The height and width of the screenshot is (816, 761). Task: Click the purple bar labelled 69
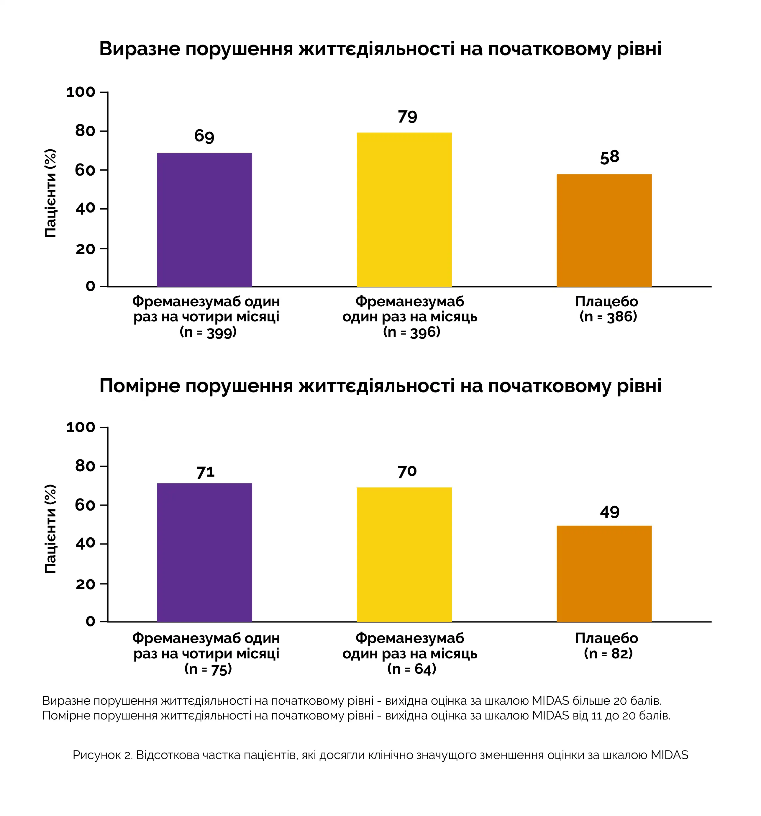pyautogui.click(x=204, y=220)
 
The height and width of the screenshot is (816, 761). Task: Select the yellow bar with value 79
pyautogui.click(x=404, y=209)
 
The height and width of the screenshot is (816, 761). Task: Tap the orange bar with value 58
pyautogui.click(x=604, y=230)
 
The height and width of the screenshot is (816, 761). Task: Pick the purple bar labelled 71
pyautogui.click(x=204, y=552)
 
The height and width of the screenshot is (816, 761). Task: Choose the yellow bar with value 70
pyautogui.click(x=404, y=555)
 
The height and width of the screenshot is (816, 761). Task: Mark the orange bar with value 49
pyautogui.click(x=604, y=574)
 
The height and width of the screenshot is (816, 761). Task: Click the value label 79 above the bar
pyautogui.click(x=407, y=117)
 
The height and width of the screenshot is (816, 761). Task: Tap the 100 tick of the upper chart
pyautogui.click(x=81, y=92)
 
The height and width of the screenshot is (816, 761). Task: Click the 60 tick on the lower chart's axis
pyautogui.click(x=85, y=505)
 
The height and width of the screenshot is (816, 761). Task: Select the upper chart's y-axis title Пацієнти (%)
pyautogui.click(x=50, y=193)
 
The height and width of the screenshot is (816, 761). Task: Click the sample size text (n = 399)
pyautogui.click(x=208, y=332)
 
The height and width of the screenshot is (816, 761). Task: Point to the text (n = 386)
pyautogui.click(x=608, y=316)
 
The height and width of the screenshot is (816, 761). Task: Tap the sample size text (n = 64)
pyautogui.click(x=411, y=669)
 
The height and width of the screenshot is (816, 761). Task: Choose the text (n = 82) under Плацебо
pyautogui.click(x=608, y=653)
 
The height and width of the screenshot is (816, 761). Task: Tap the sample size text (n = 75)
pyautogui.click(x=208, y=669)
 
